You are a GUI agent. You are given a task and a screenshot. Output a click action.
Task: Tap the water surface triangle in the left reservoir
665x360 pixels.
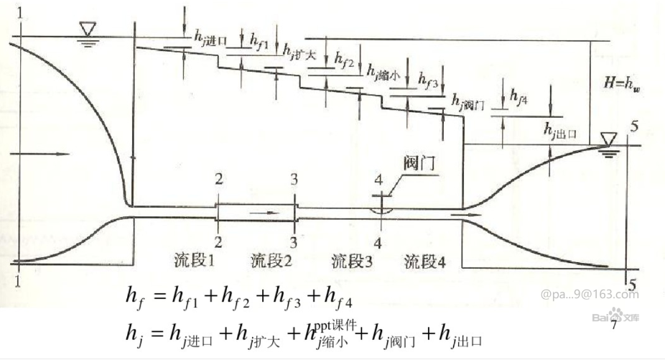[88, 31]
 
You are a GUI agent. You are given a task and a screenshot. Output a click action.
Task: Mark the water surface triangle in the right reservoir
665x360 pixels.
[609, 137]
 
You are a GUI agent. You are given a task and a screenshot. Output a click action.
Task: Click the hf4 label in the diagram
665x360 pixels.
[518, 96]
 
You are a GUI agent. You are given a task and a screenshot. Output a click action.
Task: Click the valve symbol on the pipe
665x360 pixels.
[381, 210]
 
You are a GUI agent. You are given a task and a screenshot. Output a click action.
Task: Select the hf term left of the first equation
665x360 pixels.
[135, 296]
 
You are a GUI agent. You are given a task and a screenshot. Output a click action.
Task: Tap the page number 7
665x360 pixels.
[614, 326]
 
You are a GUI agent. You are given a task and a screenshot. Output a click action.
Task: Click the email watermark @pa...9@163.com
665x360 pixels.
[589, 294]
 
